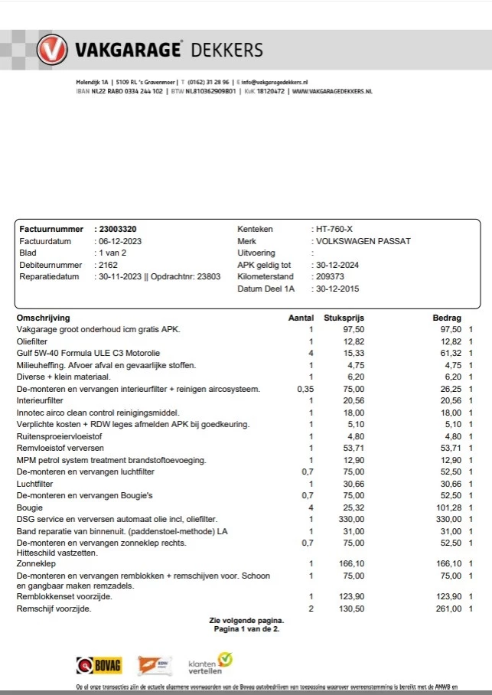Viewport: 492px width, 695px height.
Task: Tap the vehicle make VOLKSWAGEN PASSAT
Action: pyautogui.click(x=365, y=241)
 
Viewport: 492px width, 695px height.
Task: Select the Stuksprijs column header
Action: pyautogui.click(x=344, y=317)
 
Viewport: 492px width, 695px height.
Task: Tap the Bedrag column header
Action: pyautogui.click(x=448, y=317)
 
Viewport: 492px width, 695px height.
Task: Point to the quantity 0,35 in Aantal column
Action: pyautogui.click(x=305, y=389)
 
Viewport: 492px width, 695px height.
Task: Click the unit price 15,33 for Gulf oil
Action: pyautogui.click(x=354, y=353)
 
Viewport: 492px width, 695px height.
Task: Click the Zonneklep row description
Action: pyautogui.click(x=36, y=563)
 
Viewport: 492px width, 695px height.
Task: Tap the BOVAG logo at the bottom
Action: pyautogui.click(x=98, y=664)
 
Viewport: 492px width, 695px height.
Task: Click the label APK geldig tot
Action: pyautogui.click(x=265, y=265)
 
